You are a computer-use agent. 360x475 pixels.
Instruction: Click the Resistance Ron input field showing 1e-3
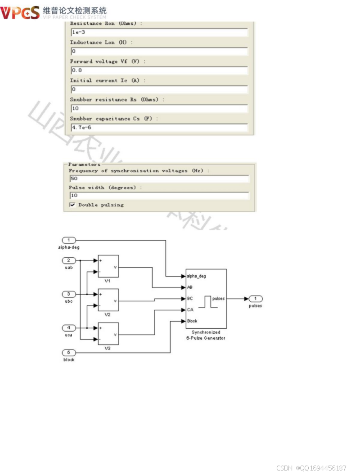[x=159, y=32]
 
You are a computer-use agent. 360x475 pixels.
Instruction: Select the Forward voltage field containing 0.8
[x=159, y=71]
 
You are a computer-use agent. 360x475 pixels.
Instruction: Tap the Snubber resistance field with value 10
[x=159, y=109]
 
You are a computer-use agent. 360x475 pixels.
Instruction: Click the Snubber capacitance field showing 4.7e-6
[x=159, y=128]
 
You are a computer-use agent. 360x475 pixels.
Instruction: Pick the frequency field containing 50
[x=159, y=179]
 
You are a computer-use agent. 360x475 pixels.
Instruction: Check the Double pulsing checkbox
[x=72, y=205]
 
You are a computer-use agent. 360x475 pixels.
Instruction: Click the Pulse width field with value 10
[x=159, y=196]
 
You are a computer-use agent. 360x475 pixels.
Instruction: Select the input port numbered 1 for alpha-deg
[x=69, y=240]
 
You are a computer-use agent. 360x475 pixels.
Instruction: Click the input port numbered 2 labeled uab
[x=69, y=260]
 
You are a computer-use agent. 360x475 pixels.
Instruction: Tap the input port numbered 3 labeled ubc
[x=69, y=294]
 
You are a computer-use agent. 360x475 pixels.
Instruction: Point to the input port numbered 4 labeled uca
[x=69, y=328]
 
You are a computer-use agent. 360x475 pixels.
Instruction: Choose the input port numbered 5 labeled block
[x=69, y=353]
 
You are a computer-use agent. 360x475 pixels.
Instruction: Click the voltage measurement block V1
[x=108, y=266]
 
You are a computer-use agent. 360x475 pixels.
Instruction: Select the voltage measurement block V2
[x=108, y=300]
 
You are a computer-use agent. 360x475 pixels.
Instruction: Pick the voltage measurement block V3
[x=108, y=334]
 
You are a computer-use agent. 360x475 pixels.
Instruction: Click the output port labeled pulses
[x=255, y=299]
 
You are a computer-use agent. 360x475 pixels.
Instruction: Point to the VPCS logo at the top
[x=20, y=13]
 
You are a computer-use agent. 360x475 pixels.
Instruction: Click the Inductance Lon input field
[x=159, y=51]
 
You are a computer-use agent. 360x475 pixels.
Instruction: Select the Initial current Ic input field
[x=159, y=90]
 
